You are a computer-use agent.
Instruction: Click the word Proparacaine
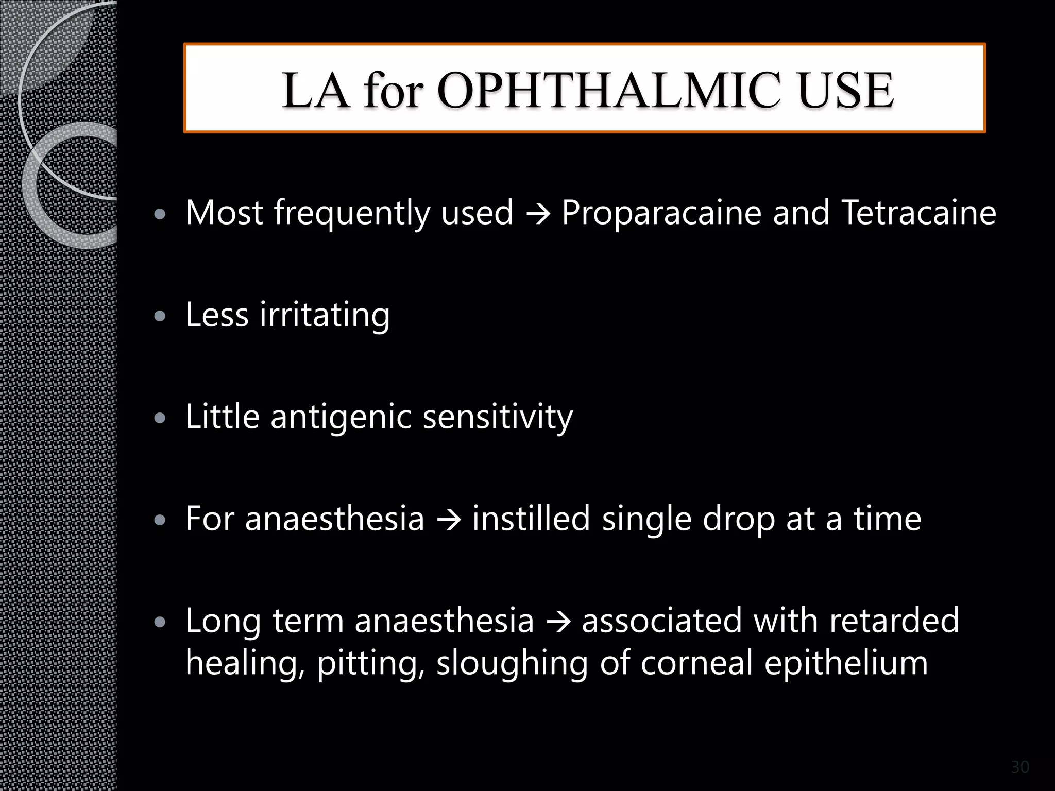[661, 213]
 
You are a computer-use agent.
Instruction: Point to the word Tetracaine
[918, 213]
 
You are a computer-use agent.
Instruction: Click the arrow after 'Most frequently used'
[537, 213]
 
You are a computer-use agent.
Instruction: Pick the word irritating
[325, 315]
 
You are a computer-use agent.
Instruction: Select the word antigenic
[341, 417]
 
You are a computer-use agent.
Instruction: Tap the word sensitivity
[498, 418]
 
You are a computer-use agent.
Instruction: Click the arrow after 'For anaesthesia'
[448, 519]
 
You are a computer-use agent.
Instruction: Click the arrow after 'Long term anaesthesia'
[558, 621]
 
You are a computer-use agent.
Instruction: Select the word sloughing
[512, 663]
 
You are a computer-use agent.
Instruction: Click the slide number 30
[1020, 767]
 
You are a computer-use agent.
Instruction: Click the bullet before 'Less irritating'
[160, 316]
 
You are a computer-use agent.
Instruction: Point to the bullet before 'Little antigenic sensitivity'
[160, 418]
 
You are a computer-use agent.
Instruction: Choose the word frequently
[352, 214]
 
